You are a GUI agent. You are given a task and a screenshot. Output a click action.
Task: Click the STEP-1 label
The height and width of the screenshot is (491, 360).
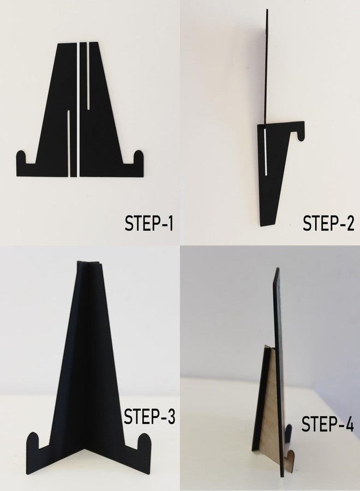pyautogui.click(x=149, y=223)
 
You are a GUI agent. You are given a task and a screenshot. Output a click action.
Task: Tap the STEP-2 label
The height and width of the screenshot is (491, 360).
pyautogui.click(x=328, y=223)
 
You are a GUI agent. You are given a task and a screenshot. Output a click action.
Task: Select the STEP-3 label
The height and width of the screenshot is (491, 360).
pyautogui.click(x=149, y=416)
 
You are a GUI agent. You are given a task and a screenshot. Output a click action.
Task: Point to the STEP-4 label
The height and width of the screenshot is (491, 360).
pyautogui.click(x=327, y=424)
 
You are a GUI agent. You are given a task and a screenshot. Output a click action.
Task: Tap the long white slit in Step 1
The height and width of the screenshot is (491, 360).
pyautogui.click(x=77, y=109)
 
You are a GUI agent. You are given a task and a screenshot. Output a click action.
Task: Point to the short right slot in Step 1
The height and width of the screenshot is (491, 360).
pyautogui.click(x=88, y=75)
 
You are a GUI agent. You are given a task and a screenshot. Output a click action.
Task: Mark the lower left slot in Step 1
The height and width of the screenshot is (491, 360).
pyautogui.click(x=68, y=143)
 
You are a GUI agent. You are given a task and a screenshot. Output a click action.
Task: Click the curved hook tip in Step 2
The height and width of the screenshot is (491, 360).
pyautogui.click(x=300, y=136)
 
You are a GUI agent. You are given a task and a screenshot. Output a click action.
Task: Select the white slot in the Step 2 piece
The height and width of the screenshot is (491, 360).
pyautogui.click(x=266, y=153)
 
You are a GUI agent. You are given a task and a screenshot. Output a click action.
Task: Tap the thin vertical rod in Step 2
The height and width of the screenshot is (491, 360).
pyautogui.click(x=268, y=67)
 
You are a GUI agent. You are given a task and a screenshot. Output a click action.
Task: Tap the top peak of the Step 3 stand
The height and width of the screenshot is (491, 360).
pyautogui.click(x=88, y=262)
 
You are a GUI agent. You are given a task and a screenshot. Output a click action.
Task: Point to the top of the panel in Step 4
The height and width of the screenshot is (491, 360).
pyautogui.click(x=277, y=268)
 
